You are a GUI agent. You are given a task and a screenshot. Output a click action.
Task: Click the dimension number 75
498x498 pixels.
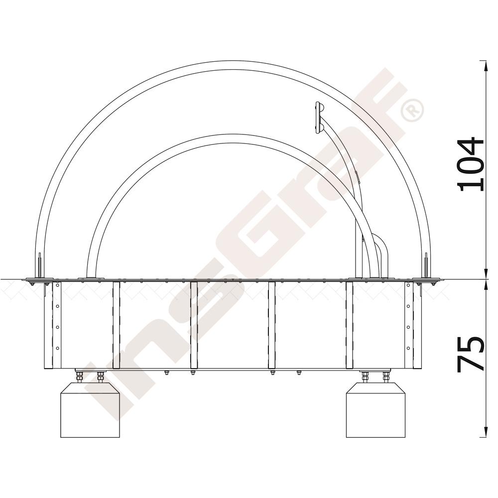(x=471, y=354)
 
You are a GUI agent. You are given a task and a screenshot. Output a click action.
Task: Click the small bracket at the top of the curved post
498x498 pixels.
(x=318, y=117)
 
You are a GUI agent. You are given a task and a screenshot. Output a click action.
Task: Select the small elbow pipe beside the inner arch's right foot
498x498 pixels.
(x=380, y=254)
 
